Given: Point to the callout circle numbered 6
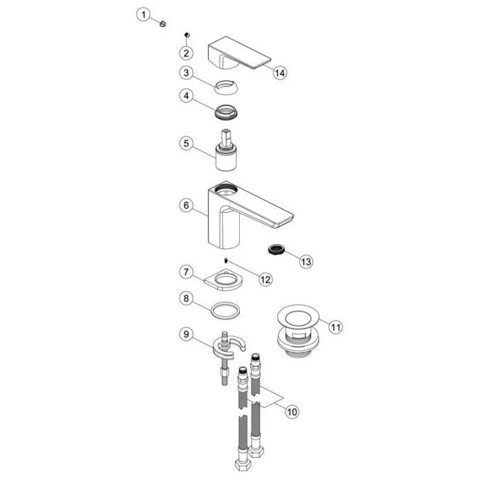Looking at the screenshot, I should (x=186, y=204).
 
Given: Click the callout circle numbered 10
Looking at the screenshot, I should (x=291, y=410).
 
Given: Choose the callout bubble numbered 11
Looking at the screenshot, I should (x=335, y=326).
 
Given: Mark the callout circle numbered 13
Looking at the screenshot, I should (x=306, y=262).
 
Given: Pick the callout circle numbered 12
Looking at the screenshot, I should (x=265, y=279).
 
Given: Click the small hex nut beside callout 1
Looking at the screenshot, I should (x=163, y=23).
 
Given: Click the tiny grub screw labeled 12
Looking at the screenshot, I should (x=226, y=260).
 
